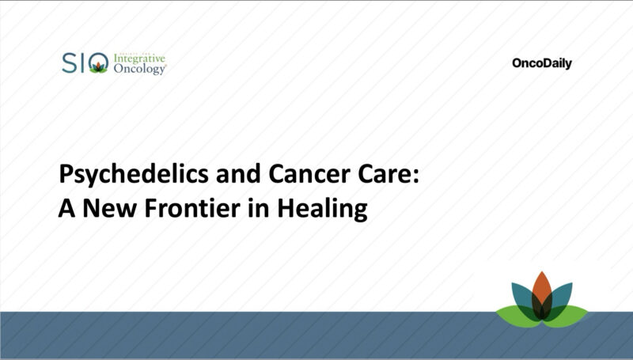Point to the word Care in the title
click(375, 176)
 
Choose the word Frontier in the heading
click(181, 209)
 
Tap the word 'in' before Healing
click(248, 209)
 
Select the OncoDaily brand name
click(541, 64)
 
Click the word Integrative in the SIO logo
click(139, 59)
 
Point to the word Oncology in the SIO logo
click(139, 70)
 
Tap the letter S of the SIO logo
click(69, 63)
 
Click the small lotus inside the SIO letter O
click(98, 67)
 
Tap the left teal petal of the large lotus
click(523, 294)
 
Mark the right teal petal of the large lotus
click(561, 294)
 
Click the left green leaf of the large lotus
click(513, 313)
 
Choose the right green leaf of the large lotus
click(571, 313)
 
